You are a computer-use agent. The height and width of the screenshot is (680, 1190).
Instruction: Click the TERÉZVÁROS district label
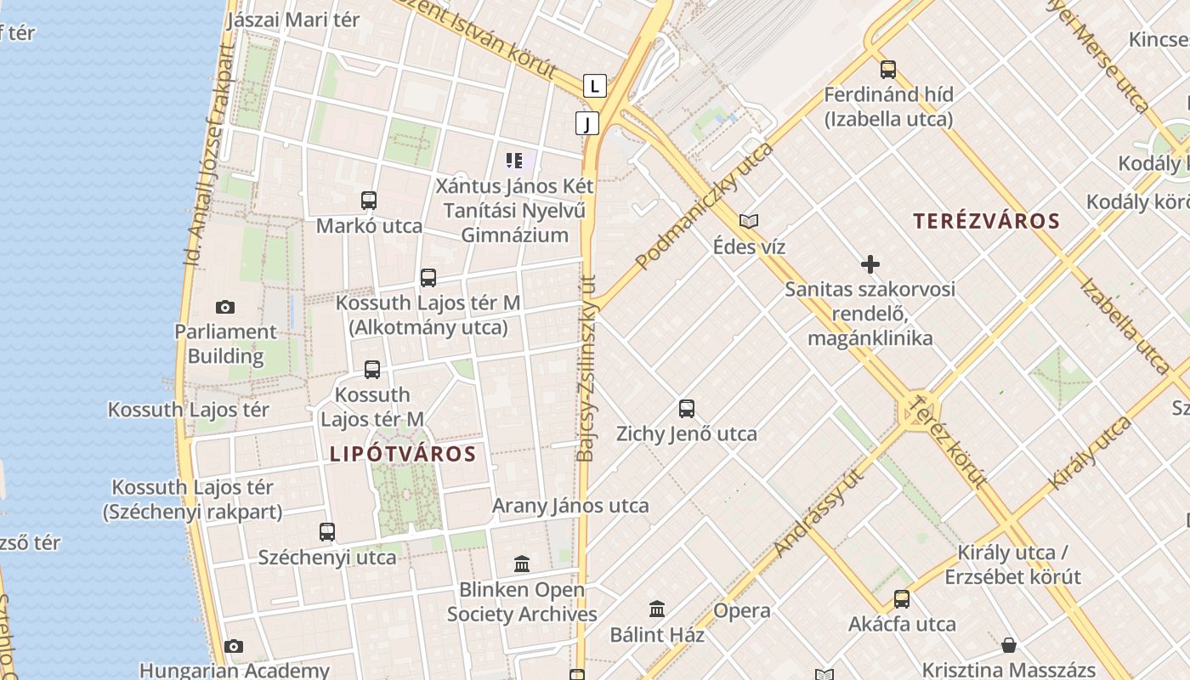[x=986, y=222]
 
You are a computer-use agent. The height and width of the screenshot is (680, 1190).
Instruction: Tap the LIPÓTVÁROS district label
[x=403, y=454]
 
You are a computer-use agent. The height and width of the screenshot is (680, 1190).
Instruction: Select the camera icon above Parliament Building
[x=225, y=307]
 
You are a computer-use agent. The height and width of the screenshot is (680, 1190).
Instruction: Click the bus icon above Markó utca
[x=369, y=201]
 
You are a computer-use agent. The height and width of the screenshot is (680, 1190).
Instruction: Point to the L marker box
[x=595, y=85]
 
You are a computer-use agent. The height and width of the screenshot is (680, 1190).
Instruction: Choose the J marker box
[x=586, y=123]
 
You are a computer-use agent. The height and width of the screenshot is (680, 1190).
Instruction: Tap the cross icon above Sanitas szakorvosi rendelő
[x=870, y=264]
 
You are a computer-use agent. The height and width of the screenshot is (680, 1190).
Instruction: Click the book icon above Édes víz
[x=749, y=222]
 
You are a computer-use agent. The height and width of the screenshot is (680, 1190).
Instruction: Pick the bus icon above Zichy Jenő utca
[x=687, y=409]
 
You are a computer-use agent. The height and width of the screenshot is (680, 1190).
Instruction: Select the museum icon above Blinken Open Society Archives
[x=522, y=564]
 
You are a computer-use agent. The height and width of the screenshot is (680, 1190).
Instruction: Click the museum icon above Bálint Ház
[x=657, y=609]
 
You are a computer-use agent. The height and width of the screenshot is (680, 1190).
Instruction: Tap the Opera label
[x=742, y=610]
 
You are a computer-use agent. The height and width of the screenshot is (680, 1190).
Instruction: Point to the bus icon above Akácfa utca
[x=902, y=599]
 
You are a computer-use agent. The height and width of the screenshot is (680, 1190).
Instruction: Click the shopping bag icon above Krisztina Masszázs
[x=1009, y=645]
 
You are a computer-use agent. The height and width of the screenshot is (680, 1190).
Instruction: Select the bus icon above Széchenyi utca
[x=327, y=532]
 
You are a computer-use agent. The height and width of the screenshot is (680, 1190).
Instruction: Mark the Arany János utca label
[x=570, y=506]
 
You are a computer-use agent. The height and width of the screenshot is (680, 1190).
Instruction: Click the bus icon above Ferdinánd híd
[x=888, y=70]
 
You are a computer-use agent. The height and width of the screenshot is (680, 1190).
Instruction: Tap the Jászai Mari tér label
[x=294, y=20]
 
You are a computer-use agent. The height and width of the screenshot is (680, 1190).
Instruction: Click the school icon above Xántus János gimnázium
[x=514, y=160]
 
